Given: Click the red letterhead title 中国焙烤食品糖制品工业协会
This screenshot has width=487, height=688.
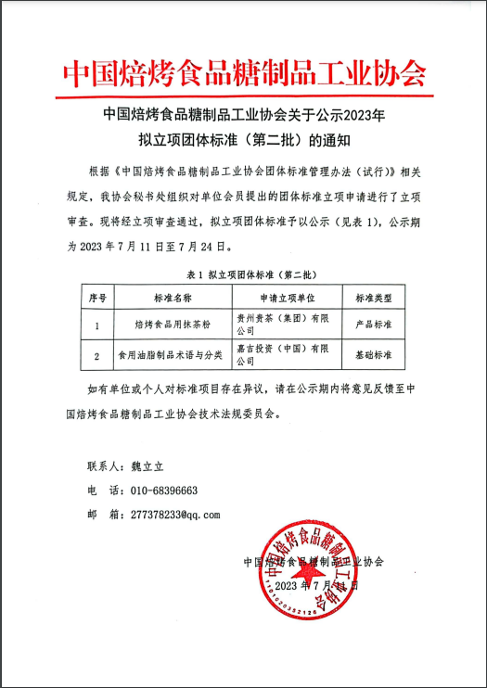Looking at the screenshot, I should pos(243,73).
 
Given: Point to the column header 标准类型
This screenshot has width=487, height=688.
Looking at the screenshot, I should pos(373,299).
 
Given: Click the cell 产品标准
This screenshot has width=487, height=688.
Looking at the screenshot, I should pos(373,326).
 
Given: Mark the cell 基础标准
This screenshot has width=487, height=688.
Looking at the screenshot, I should pos(373,355).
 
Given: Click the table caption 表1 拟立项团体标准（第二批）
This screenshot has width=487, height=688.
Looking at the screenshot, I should pos(243,275).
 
